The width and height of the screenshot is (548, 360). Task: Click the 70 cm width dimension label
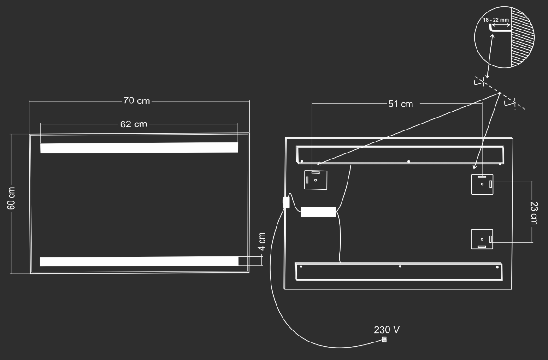point(136,100)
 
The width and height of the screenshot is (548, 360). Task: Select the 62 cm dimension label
point(134,124)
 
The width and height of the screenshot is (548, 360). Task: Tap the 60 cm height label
point(12,198)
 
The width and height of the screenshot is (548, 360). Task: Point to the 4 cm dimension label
point(262,242)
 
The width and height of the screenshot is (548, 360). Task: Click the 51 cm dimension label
point(401,104)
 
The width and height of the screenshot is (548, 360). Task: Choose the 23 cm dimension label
point(534,213)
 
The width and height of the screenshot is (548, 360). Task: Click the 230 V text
point(387,330)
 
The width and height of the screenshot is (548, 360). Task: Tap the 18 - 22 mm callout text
point(496,20)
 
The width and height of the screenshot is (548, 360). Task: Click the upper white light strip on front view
point(139,148)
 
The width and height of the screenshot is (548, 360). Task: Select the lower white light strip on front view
point(139,261)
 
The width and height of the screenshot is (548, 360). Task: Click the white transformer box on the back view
point(318,212)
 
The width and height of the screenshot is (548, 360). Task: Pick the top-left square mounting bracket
point(316,180)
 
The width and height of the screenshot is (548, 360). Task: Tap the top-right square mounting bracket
point(482,184)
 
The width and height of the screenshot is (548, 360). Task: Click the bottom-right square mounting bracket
point(482,239)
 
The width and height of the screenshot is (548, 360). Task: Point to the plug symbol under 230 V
point(384,340)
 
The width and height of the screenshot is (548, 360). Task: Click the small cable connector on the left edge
point(286,202)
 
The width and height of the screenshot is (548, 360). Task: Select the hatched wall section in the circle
point(521,37)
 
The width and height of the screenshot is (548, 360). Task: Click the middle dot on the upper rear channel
point(408,161)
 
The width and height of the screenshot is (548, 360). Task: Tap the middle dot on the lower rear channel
point(400,266)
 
